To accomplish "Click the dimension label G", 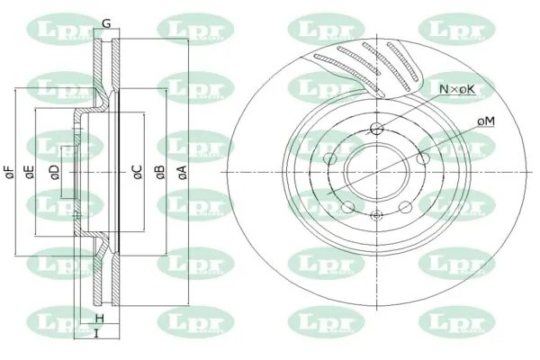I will point(106,23).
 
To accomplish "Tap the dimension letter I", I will point(95,335).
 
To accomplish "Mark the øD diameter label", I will point(55,170).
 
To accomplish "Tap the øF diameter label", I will point(9,170).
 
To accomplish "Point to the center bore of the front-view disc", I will point(377,170).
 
